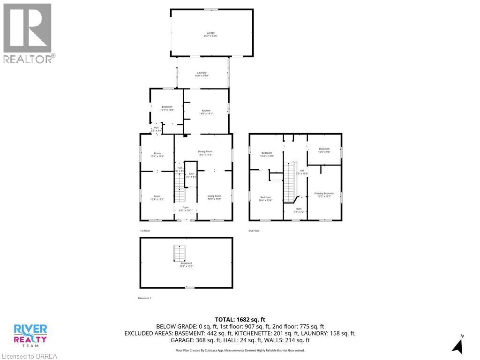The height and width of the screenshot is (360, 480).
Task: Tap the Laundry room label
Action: (x=202, y=74)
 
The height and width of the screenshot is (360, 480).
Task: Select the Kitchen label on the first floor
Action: (x=206, y=112)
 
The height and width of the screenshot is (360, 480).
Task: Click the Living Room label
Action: (x=214, y=197)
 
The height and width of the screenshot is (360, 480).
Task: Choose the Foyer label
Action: (x=185, y=209)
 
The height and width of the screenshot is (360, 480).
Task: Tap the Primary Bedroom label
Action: (x=324, y=195)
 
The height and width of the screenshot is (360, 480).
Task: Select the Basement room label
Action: (x=186, y=264)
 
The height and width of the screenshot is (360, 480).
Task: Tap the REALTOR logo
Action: (x=28, y=33)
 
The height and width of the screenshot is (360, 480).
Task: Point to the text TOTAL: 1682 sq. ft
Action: (x=240, y=319)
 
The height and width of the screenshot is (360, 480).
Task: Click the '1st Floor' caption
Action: (x=145, y=231)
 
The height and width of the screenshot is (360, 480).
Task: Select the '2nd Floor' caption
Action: (x=254, y=231)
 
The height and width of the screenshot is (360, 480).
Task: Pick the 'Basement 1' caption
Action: (x=144, y=298)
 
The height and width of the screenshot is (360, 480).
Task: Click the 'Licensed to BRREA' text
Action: (x=29, y=356)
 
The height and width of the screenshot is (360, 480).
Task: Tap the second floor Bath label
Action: (x=299, y=210)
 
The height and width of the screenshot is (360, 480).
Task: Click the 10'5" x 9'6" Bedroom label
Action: (x=324, y=150)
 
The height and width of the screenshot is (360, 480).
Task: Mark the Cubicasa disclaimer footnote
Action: (x=240, y=350)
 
